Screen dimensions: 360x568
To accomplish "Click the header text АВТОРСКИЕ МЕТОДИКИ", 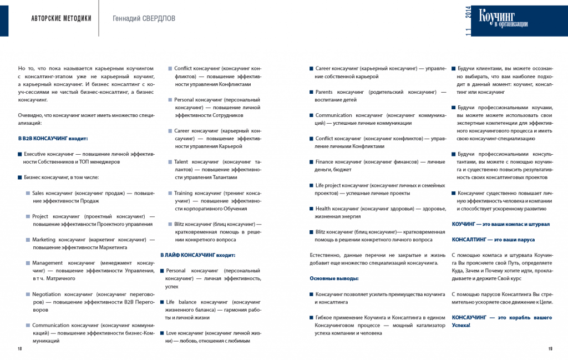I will click(x=62, y=18).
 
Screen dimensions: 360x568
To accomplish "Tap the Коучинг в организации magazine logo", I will click(x=503, y=18).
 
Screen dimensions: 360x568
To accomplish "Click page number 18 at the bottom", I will click(x=19, y=348).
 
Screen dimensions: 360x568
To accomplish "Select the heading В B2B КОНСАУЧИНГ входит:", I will click(x=53, y=138).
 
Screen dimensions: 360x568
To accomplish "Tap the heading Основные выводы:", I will click(x=334, y=278).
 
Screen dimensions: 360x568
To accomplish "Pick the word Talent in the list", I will click(x=182, y=162).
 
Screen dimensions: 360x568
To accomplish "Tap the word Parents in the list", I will click(x=326, y=92).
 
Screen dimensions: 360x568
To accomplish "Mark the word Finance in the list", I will click(x=327, y=162).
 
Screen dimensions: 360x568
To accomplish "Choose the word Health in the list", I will click(x=326, y=209).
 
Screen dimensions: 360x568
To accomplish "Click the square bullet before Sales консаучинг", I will click(x=28, y=194).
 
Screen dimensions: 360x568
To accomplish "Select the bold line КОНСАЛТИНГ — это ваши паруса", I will click(x=493, y=240).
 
